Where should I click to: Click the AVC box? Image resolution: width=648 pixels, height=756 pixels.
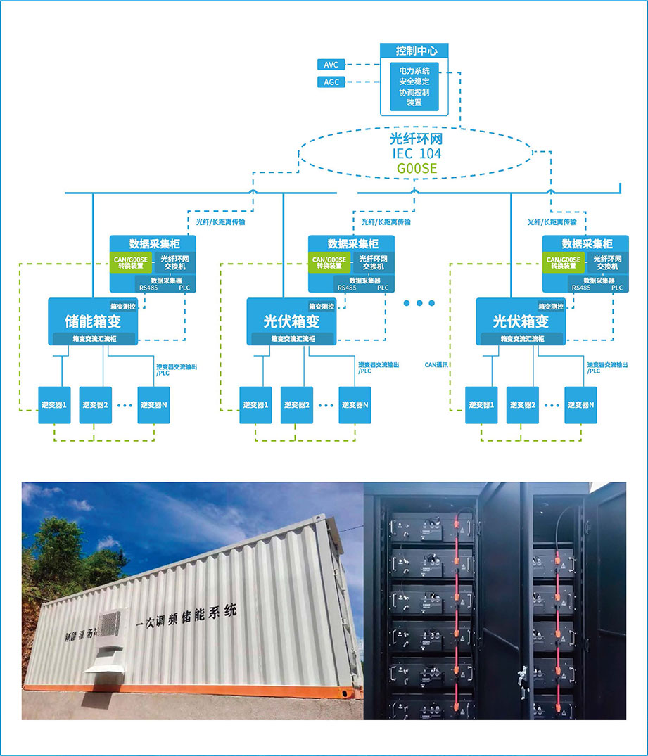(331, 65)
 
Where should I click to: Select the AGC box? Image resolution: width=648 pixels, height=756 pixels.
(331, 82)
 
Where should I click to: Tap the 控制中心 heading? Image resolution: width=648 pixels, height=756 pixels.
(416, 51)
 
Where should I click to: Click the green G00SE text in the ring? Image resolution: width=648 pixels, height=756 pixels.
(416, 169)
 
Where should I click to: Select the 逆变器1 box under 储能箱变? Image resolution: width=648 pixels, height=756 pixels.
(54, 405)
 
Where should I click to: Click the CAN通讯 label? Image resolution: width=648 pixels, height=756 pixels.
(436, 365)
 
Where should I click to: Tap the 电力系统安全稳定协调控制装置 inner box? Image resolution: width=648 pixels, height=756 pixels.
(414, 87)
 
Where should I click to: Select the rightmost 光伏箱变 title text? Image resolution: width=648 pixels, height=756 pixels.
(521, 321)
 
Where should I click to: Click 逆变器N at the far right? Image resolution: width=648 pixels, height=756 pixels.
(580, 405)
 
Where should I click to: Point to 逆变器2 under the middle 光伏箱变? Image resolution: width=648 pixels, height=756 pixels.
(297, 405)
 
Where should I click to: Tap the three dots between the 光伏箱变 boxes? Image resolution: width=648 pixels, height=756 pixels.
(420, 303)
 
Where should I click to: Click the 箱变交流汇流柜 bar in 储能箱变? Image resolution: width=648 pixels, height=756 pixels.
(93, 339)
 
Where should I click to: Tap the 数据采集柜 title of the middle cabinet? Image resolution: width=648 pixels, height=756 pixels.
(354, 244)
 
